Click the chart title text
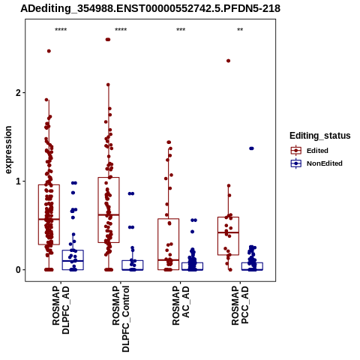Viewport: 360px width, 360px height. [150, 8]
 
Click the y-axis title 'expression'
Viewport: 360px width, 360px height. [8, 150]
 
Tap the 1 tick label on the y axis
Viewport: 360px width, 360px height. [18, 181]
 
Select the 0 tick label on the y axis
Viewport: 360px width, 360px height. [18, 270]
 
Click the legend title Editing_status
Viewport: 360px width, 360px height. [320, 136]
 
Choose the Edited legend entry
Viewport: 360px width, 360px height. [317, 151]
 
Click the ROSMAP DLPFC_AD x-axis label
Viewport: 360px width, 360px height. [61, 310]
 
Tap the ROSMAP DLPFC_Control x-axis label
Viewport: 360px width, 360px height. [121, 319]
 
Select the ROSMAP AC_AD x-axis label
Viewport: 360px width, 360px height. [181, 305]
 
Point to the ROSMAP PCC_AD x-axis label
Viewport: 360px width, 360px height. [240, 305]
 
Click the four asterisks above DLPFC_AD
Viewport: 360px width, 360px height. [61, 30]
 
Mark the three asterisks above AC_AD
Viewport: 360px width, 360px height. [181, 30]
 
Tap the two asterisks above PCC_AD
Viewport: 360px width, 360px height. [240, 30]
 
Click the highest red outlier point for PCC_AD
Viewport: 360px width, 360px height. [228, 61]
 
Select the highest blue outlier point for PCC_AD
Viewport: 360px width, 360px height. [251, 148]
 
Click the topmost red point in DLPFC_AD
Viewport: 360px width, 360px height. [49, 51]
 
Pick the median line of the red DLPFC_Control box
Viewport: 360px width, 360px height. [109, 214]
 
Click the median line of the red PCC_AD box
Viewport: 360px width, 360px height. [228, 232]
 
